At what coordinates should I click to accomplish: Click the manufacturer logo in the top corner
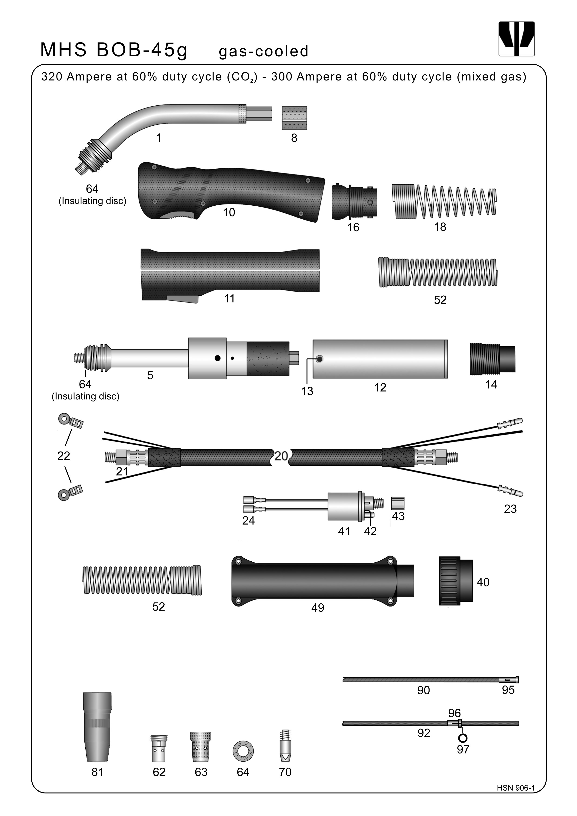[x=516, y=39]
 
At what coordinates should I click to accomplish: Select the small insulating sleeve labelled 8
[x=294, y=118]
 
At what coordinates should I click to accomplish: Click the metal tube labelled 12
[x=380, y=359]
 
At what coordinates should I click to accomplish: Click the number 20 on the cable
[x=281, y=456]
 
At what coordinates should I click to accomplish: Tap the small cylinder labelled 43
[x=398, y=503]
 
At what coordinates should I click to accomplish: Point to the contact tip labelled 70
[x=285, y=746]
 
